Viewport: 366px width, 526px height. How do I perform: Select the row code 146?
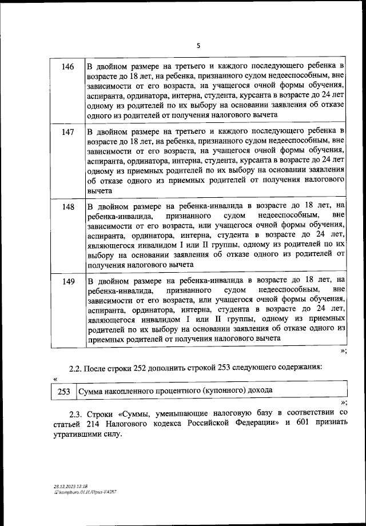coord(67,67)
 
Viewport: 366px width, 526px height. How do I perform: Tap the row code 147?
coord(67,132)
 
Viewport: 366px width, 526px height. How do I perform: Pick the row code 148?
coord(67,206)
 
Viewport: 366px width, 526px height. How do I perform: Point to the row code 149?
coord(67,281)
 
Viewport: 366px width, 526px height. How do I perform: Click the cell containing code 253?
coord(64,392)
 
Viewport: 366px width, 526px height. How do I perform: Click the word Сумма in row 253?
coord(92,392)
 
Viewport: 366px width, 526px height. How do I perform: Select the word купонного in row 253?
coord(218,392)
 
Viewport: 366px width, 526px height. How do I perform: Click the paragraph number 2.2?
coord(75,368)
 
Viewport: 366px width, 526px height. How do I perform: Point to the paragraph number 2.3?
coord(75,412)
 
